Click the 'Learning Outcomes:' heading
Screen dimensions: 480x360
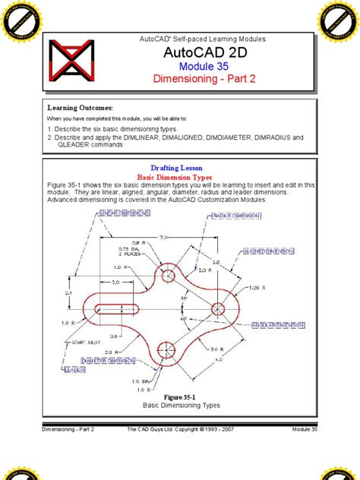click(81, 108)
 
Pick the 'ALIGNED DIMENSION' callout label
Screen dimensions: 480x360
click(270, 250)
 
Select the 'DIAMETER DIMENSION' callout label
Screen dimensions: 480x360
click(91, 362)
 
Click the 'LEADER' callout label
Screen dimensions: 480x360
click(74, 371)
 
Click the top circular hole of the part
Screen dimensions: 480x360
click(166, 276)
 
